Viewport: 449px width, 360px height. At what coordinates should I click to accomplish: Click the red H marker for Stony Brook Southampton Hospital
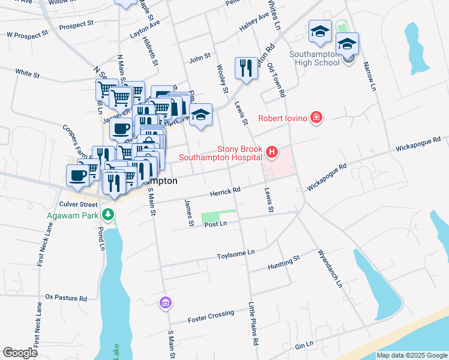[x=272, y=152]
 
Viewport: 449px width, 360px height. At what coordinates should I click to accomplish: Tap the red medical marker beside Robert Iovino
[x=316, y=118]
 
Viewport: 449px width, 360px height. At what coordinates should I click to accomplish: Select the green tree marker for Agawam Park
[x=107, y=214]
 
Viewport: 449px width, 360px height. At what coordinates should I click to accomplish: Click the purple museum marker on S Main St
[x=165, y=304]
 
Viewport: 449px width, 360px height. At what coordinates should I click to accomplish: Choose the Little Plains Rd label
[x=255, y=323]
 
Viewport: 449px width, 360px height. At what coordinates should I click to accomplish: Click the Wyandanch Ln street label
[x=330, y=268]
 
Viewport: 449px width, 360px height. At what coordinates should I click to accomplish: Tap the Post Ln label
[x=215, y=224]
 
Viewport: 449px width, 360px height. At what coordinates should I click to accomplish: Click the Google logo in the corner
[x=20, y=352]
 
